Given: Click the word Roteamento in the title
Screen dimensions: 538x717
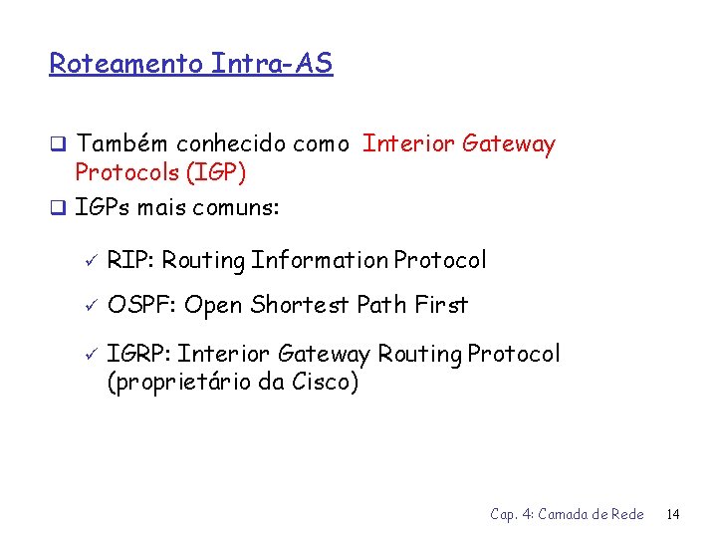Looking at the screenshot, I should coord(126,65).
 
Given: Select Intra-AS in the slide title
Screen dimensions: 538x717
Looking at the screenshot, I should coord(272,64).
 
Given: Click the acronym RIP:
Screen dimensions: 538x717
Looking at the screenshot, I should coord(130,261).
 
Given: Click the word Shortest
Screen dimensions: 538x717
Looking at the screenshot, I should coord(296,306).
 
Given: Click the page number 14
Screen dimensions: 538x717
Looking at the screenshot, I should coord(673,515).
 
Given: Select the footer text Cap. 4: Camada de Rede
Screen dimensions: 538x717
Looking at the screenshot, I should coord(567,515).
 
